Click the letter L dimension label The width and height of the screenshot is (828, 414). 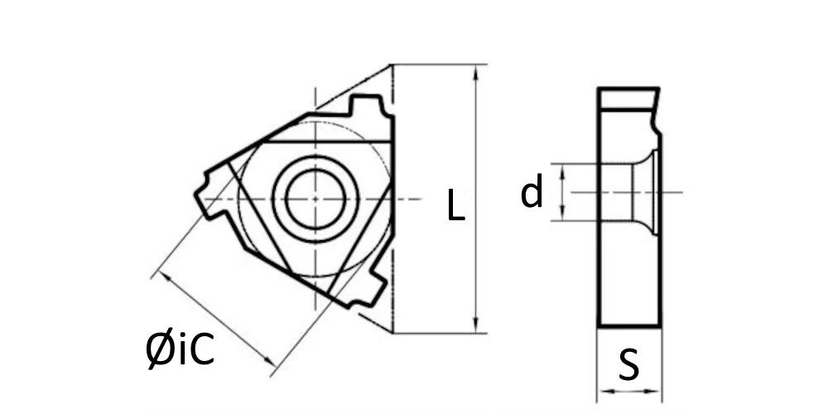coord(455,205)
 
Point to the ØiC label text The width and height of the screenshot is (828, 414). coord(180,350)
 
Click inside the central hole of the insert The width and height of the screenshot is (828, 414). coord(315,199)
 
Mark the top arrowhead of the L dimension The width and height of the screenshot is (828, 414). coord(476,72)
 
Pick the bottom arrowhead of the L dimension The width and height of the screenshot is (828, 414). coord(476,325)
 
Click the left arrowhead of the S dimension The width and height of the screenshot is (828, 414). coord(605,392)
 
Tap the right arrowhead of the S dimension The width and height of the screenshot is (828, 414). coord(653,392)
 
